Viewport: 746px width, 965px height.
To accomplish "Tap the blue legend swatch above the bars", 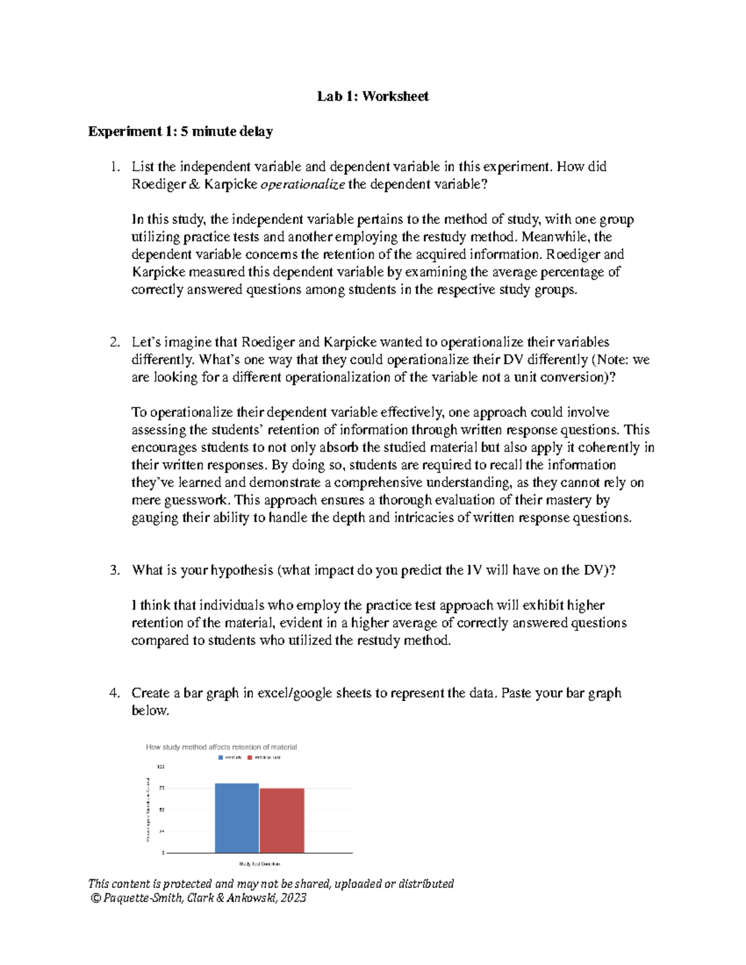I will coord(220,757).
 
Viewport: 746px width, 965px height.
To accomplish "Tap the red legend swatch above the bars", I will coord(250,757).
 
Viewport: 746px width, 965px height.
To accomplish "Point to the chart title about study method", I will coord(221,747).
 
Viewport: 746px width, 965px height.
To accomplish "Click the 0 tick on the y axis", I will coord(163,853).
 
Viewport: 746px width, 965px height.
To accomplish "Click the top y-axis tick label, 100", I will coord(162,767).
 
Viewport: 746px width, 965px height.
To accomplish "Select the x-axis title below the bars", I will coord(259,864).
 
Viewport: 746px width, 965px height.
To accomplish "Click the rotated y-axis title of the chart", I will coord(148,810).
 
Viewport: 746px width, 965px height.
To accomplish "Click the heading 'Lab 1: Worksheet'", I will coord(372,96).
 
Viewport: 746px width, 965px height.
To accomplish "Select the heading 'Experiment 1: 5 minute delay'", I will coord(180,132).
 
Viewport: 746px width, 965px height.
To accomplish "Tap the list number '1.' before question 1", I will coord(114,167).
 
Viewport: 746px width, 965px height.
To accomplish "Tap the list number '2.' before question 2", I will coord(114,342).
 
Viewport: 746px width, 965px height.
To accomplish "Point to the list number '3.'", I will coord(114,570).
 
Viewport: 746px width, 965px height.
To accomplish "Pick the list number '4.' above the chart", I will coord(114,693).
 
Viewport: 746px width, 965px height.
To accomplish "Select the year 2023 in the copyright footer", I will coord(293,898).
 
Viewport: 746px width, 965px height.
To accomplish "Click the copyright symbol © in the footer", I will coord(95,898).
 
